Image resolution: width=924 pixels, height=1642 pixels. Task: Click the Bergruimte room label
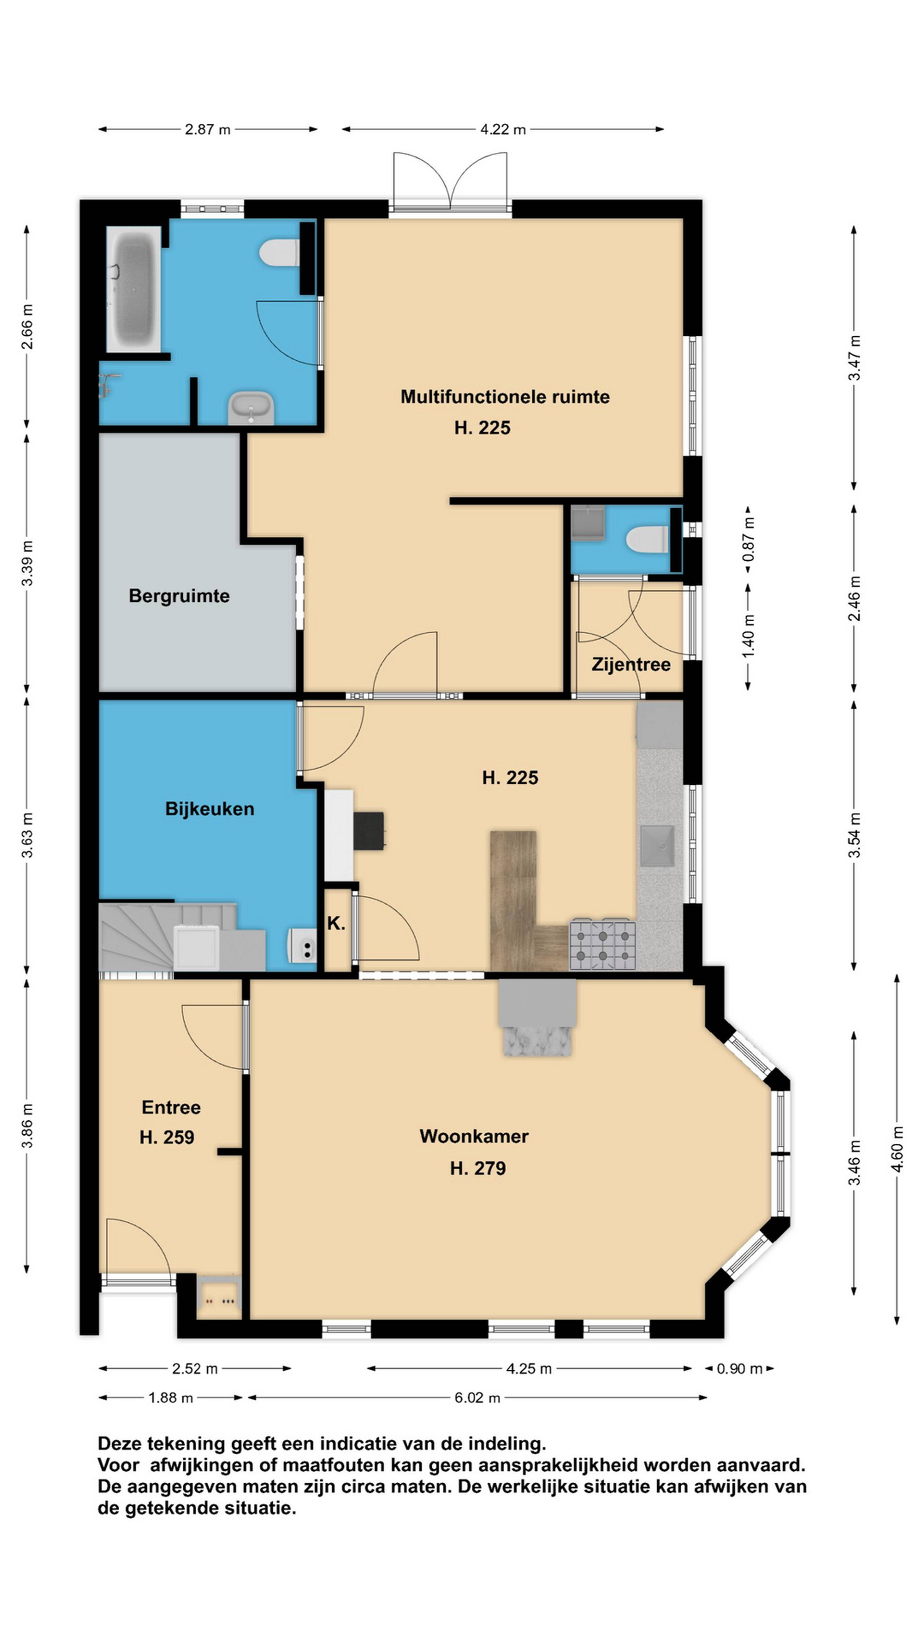click(x=179, y=596)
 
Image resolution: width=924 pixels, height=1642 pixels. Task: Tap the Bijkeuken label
click(x=210, y=809)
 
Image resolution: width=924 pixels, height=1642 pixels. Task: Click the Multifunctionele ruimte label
click(x=505, y=397)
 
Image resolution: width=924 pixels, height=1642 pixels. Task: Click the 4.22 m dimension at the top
click(x=503, y=129)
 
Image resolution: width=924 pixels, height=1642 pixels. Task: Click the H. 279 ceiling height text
click(x=478, y=1168)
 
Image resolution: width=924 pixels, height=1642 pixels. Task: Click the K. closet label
click(x=336, y=923)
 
